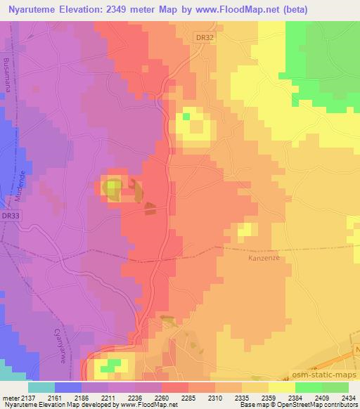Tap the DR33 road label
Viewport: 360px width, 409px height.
(x=10, y=215)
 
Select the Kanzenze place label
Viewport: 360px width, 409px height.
(x=265, y=257)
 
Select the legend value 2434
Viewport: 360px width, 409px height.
(x=347, y=397)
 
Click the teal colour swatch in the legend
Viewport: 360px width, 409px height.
(x=41, y=387)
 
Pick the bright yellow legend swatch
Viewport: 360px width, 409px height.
(x=281, y=387)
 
